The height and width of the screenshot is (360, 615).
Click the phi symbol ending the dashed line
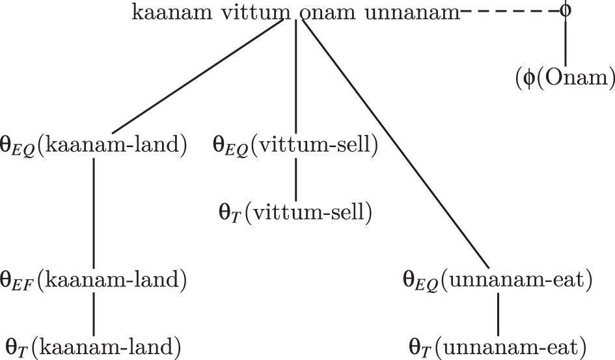coord(566,12)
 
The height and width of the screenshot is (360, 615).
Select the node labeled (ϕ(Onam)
coord(565,79)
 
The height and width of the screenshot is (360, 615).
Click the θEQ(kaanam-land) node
coord(95,144)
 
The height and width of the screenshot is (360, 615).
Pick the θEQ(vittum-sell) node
coord(295,144)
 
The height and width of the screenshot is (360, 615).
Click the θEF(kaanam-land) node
coord(95,281)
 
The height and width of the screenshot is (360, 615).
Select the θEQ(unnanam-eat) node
coord(497,281)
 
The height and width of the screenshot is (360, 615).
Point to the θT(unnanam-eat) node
coord(499,346)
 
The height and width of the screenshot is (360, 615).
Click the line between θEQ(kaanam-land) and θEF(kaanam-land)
coord(95,212)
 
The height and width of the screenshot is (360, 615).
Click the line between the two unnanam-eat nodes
coord(499,313)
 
